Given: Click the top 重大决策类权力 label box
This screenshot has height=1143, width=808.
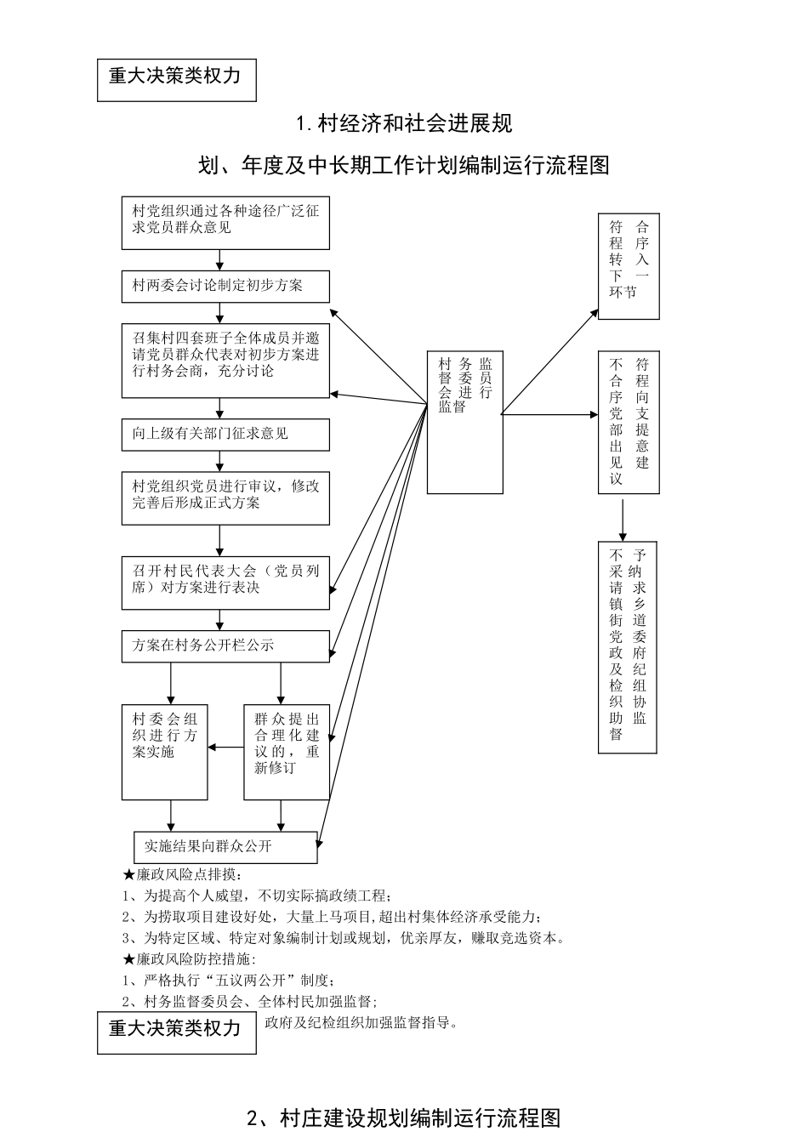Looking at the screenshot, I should (176, 80).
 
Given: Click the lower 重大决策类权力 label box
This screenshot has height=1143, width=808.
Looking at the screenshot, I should (176, 1032).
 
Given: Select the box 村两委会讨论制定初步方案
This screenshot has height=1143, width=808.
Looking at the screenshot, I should (225, 287).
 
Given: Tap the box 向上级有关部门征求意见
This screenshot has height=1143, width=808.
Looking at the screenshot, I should (225, 435).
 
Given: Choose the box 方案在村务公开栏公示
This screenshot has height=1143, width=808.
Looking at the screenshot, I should (225, 646).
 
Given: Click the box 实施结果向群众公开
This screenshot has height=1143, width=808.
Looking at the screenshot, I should (225, 847).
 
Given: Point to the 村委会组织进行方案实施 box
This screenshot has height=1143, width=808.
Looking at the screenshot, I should (164, 753).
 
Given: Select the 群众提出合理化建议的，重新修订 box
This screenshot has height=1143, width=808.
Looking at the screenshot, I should (286, 753).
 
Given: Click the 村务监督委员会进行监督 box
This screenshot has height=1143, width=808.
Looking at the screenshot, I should (464, 422).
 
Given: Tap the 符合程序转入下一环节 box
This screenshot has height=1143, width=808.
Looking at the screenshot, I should (629, 266).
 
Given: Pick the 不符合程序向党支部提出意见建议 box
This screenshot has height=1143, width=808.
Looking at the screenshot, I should (629, 422).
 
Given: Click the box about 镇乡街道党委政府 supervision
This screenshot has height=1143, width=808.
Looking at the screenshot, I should (628, 646).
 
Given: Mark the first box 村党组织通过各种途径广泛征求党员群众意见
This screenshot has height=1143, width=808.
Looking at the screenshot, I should (225, 223).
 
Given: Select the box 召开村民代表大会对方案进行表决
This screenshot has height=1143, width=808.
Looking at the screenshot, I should (225, 583).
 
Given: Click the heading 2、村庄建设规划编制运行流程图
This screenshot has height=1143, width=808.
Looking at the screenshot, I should (404, 1117).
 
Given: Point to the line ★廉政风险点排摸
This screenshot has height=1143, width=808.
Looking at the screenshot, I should (184, 875).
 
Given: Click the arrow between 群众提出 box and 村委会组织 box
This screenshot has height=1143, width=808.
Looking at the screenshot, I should (225, 748).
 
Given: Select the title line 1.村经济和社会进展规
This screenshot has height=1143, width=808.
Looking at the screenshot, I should (404, 124).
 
